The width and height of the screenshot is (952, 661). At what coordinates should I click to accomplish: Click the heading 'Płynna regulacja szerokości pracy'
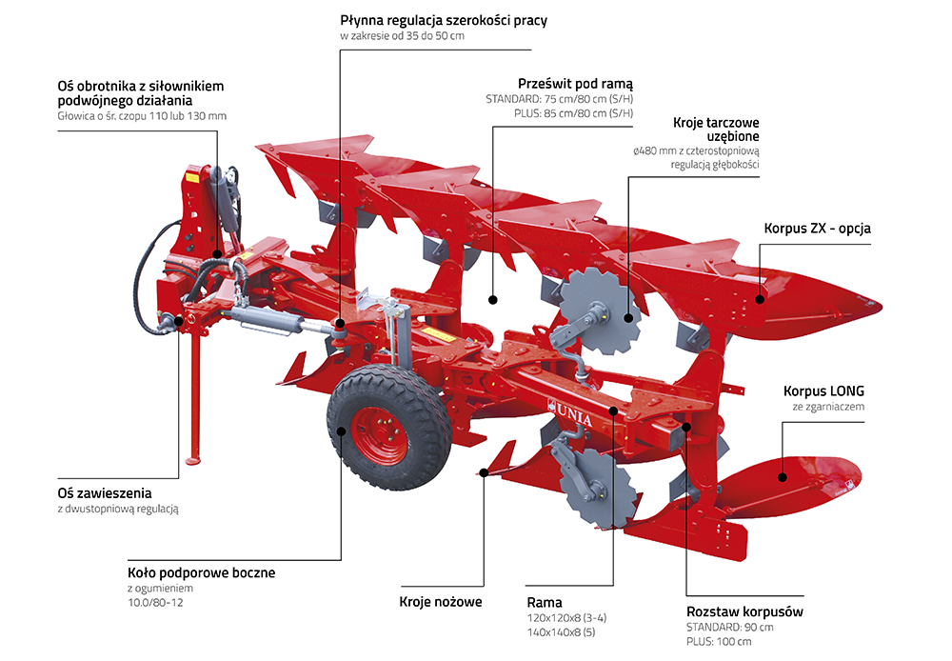(444, 20)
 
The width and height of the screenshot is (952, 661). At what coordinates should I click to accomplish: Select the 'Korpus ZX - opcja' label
(817, 229)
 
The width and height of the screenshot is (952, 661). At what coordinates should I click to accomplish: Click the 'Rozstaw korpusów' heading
(744, 611)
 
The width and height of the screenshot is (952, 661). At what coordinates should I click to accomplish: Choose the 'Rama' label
(545, 602)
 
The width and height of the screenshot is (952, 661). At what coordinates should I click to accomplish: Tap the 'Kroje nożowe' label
(441, 602)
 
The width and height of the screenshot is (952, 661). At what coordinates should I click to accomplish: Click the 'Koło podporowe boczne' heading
(201, 572)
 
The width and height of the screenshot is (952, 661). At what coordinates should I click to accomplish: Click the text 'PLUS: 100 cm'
(719, 642)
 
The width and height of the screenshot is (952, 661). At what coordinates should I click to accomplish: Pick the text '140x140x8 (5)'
(564, 632)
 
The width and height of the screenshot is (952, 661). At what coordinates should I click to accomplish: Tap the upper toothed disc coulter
(598, 307)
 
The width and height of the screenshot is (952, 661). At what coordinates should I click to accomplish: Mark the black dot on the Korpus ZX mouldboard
(760, 299)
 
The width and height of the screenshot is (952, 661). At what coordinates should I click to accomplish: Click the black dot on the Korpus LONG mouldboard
(782, 476)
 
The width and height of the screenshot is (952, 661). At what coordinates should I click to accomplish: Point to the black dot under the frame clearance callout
(493, 300)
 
